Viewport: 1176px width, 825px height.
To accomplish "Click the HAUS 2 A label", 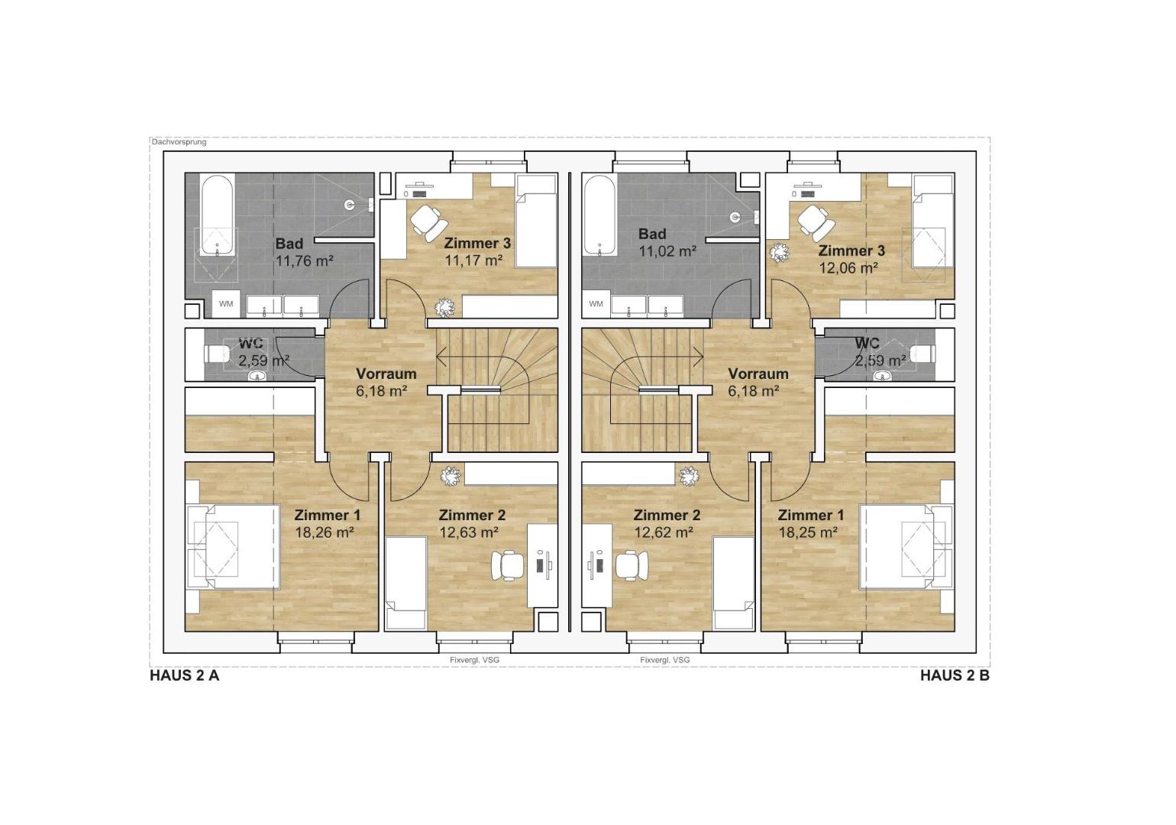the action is point(184,676).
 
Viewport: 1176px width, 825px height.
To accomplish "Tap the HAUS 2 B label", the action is point(955,676).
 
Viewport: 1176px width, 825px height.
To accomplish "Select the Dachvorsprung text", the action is point(179,142).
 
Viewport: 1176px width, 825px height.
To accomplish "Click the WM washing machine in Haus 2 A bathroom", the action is point(226,304).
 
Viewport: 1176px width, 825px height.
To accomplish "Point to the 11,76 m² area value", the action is point(305,260).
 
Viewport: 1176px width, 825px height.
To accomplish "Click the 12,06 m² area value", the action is point(849,268).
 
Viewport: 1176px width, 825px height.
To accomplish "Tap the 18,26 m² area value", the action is point(324,532).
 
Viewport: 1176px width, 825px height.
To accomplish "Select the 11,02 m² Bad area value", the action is point(667,251).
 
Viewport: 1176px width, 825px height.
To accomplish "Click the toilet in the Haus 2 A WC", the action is point(216,354).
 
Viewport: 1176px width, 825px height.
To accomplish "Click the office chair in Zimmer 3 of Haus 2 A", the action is point(428,222).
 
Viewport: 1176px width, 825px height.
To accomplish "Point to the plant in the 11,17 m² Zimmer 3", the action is point(445,307).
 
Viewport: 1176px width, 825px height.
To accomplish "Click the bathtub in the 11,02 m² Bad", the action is point(599,216).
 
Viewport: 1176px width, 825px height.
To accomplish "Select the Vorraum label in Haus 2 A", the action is point(386,374).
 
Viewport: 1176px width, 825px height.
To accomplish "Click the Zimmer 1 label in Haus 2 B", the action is point(811,515).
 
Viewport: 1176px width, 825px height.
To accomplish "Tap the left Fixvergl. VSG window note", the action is point(475,660).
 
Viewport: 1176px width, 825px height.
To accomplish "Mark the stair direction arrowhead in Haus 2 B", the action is point(699,357).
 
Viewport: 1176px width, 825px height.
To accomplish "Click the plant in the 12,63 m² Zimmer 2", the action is point(450,477).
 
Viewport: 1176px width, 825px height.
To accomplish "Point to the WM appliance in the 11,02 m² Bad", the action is point(596,304).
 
